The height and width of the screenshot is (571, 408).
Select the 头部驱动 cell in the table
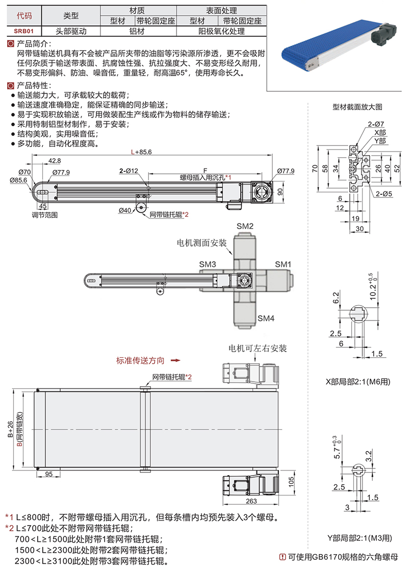tap(71, 31)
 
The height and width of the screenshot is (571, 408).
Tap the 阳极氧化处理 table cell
tap(221, 31)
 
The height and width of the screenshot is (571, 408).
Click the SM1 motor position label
tap(283, 264)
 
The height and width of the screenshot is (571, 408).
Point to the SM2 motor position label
tap(245, 226)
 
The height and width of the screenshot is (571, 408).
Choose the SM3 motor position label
tap(208, 264)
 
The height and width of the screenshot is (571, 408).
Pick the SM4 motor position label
tap(266, 318)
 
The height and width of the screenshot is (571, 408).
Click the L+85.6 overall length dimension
tap(142, 152)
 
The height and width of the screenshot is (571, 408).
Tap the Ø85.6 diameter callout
tap(18, 180)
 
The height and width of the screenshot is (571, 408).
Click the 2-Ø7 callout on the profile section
tap(375, 125)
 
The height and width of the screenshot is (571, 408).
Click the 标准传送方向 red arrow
tap(175, 360)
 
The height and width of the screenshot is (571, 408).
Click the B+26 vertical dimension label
tap(11, 429)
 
